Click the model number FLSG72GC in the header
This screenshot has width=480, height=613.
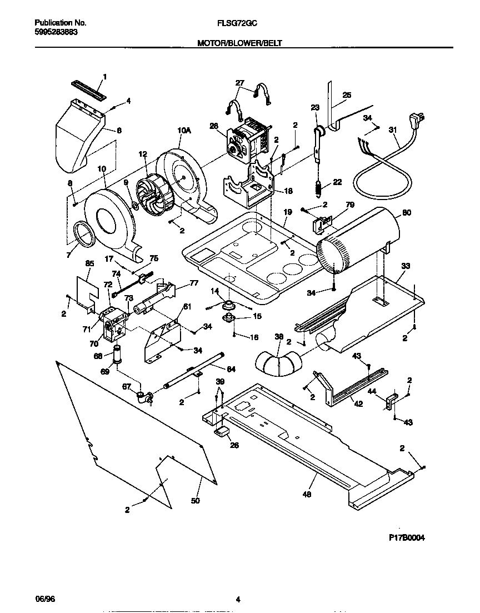pyautogui.click(x=241, y=23)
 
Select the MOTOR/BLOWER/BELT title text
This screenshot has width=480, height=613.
pyautogui.click(x=240, y=43)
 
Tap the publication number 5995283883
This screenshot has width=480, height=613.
pyautogui.click(x=56, y=32)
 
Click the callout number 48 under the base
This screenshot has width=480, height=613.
pyautogui.click(x=307, y=494)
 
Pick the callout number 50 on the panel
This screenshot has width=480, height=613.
pyautogui.click(x=195, y=501)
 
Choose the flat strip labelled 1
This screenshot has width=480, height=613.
pyautogui.click(x=88, y=89)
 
